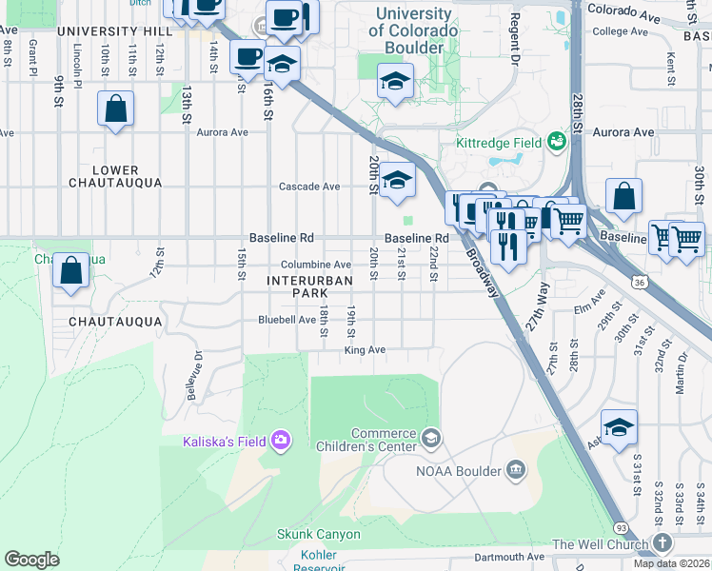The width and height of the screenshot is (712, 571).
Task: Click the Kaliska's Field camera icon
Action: click(281, 439)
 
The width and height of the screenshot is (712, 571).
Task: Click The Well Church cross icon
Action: click(663, 543)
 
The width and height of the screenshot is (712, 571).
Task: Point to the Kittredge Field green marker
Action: click(557, 143)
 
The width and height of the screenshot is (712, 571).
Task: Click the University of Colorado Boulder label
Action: click(412, 30)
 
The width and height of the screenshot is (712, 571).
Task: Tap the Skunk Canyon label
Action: click(318, 534)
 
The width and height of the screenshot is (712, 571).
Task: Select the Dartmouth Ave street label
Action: click(509, 556)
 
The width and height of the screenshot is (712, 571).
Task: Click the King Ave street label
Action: click(364, 350)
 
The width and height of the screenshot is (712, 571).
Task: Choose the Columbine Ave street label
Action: click(315, 265)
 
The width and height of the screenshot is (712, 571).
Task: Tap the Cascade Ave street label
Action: click(308, 187)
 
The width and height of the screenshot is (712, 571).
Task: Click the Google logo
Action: click(31, 560)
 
